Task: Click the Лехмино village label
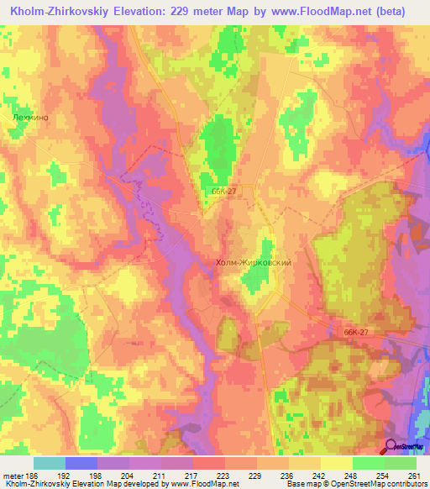point(31,118)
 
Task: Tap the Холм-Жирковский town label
point(253,263)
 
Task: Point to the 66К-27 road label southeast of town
point(357,332)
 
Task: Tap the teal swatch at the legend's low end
point(49,463)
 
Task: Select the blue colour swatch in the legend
point(81,463)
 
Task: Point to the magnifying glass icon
point(391,446)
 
